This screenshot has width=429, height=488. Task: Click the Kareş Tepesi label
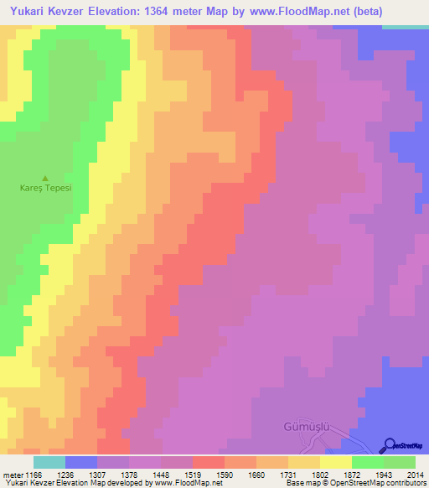[45, 188]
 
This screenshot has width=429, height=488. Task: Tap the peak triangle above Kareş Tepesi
[45, 178]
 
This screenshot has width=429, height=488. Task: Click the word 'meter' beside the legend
[13, 475]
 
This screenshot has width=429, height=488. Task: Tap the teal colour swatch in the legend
[49, 462]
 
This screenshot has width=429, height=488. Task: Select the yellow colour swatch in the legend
[336, 462]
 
